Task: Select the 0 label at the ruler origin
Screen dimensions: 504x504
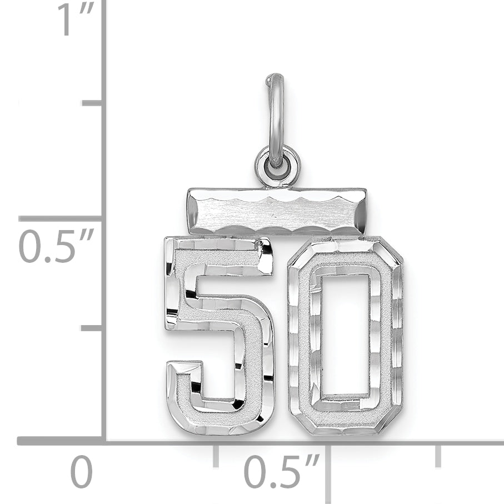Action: click(x=82, y=472)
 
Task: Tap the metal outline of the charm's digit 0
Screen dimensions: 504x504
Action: click(x=299, y=333)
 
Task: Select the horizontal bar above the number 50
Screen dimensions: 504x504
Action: click(x=276, y=211)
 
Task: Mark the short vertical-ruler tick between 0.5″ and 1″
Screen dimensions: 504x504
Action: click(x=92, y=103)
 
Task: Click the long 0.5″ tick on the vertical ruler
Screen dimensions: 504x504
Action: click(x=61, y=218)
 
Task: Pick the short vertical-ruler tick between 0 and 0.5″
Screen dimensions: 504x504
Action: click(x=92, y=328)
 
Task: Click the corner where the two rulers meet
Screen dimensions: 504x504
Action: click(x=104, y=441)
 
